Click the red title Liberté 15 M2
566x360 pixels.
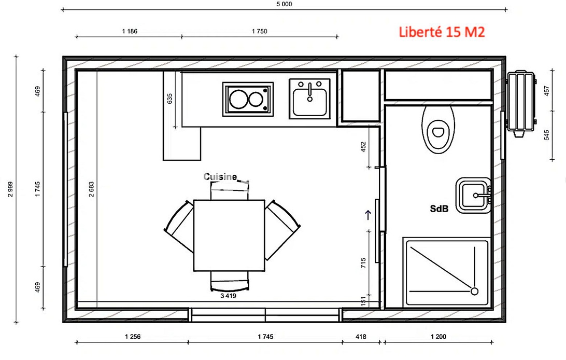[442, 32]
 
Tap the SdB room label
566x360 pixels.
[439, 209]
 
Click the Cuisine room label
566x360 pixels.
[220, 176]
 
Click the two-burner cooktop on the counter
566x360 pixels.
[248, 99]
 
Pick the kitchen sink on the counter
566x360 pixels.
[309, 99]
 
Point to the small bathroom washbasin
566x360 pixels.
[473, 196]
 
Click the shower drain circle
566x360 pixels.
[475, 291]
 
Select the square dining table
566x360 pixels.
[229, 236]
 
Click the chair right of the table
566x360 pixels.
[282, 230]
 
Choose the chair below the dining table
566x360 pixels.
[230, 281]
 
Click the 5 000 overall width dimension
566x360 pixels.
[285, 4]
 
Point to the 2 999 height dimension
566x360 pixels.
[10, 189]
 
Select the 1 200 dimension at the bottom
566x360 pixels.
[438, 337]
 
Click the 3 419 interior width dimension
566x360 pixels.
[229, 296]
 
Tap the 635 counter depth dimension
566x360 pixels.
[170, 99]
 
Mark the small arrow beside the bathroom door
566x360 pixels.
[368, 215]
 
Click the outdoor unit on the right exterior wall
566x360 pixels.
[521, 104]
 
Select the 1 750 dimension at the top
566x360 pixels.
[260, 32]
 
